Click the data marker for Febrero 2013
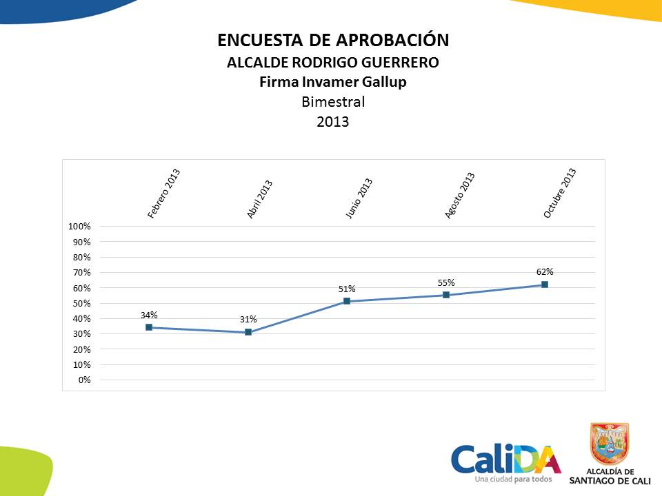pos(149,327)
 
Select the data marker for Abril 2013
pos(248,332)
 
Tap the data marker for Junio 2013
pos(347,301)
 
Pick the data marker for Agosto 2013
pos(446,295)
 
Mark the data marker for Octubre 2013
pos(545,285)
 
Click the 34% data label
pos(149,315)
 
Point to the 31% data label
pos(248,319)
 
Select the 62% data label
pos(545,271)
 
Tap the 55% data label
pos(446,282)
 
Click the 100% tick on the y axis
pos(80,227)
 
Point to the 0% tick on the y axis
pos(84,380)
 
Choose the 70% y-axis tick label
pos(82,273)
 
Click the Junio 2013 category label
pos(359,199)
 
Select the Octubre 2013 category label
pos(559,194)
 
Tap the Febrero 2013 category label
pos(163,194)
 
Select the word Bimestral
pos(333,102)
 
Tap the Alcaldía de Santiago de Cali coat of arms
pos(610,444)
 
